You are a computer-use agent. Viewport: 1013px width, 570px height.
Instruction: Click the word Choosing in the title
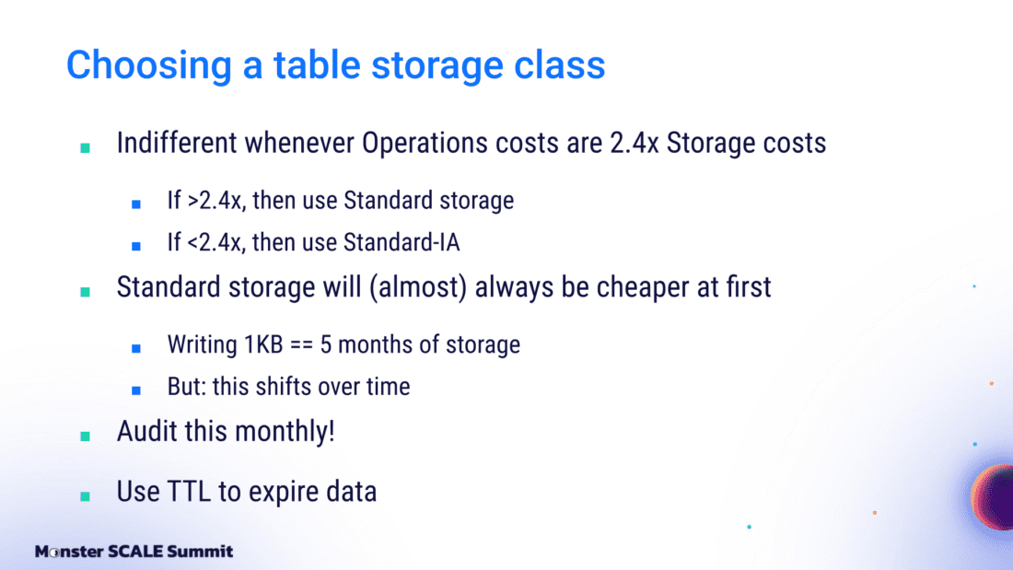tap(148, 66)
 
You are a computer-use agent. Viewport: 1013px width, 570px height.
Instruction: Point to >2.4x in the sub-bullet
tap(216, 201)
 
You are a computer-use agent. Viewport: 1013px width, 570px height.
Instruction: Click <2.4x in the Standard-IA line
tap(216, 243)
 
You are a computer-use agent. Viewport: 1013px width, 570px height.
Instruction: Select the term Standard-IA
tap(402, 242)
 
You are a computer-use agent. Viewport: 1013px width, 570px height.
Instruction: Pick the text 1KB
tap(263, 344)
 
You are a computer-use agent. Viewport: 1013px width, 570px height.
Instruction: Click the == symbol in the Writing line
tap(301, 345)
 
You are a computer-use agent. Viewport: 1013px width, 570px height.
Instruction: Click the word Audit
tap(146, 431)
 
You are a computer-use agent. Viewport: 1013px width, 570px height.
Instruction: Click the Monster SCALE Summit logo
tap(134, 552)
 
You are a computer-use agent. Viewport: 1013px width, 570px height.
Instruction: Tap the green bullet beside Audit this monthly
tap(85, 436)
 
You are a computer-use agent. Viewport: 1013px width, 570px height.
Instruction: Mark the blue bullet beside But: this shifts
tap(135, 390)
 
